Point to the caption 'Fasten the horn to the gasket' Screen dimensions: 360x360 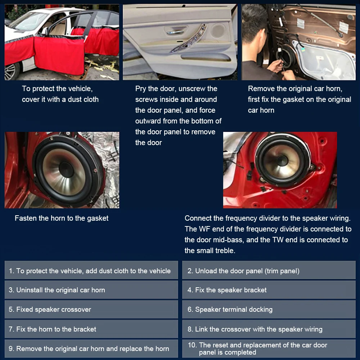point(62,218)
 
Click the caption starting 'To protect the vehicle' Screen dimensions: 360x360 point(60,94)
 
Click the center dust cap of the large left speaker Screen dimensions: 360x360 point(66,169)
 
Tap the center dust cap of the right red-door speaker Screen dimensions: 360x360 point(283,160)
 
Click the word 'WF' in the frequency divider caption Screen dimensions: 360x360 point(203,229)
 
